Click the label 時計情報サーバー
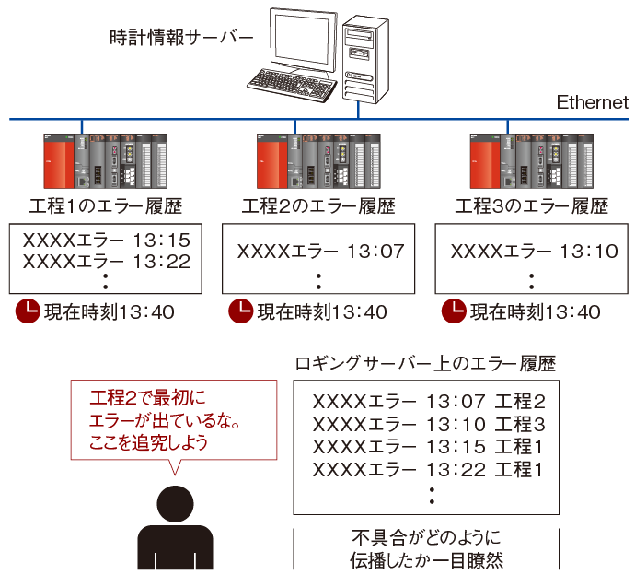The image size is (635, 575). (x=181, y=38)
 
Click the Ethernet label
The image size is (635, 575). (x=593, y=102)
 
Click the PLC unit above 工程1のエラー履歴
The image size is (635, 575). (x=107, y=161)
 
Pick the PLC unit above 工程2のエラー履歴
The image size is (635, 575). (x=319, y=161)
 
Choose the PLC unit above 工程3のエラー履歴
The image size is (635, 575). (x=532, y=161)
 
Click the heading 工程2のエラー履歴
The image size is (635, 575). (x=319, y=205)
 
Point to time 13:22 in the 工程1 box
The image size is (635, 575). (x=162, y=262)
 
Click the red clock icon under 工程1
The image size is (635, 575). (x=28, y=311)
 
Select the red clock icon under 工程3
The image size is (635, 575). (x=453, y=311)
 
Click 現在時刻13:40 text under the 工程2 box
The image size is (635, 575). (x=320, y=312)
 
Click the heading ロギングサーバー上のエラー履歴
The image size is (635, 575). (x=424, y=363)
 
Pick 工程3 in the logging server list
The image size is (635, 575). (x=520, y=425)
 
